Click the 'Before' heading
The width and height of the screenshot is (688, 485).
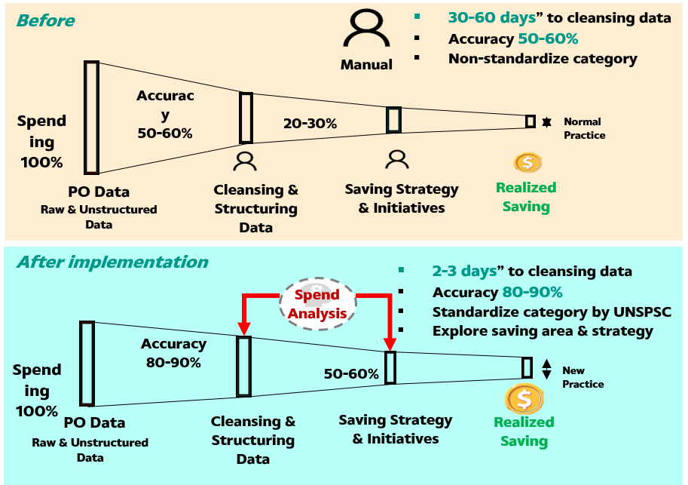(46, 20)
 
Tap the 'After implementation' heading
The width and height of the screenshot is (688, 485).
(112, 262)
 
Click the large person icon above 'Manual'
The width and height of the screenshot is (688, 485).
(365, 30)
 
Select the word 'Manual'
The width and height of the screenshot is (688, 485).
(366, 65)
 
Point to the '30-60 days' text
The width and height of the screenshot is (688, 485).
(490, 18)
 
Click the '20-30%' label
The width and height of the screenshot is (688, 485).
(310, 123)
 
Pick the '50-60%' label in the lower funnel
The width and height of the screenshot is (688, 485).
(351, 373)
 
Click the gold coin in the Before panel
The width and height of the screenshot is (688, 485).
(527, 162)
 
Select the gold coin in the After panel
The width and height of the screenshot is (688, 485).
(524, 398)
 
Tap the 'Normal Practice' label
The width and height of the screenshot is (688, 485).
(584, 128)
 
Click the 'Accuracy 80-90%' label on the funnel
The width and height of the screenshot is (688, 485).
(173, 352)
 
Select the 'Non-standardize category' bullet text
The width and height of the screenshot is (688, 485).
(543, 58)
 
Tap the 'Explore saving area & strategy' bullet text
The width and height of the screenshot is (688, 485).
(543, 330)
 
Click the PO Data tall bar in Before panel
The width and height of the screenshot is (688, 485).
(91, 118)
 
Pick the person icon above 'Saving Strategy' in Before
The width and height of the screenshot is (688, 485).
(396, 159)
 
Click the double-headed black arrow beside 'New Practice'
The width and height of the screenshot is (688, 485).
(547, 368)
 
